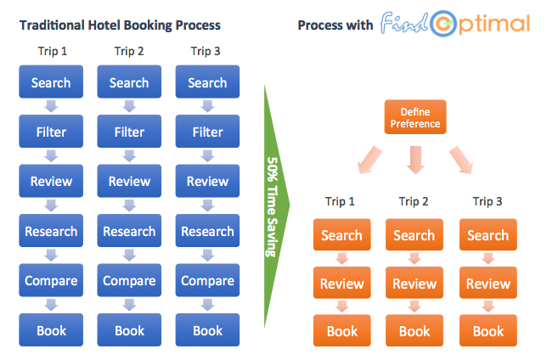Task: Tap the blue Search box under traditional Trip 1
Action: tap(51, 82)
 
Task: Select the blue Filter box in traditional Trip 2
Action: tap(129, 132)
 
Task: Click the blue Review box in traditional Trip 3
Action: tap(207, 181)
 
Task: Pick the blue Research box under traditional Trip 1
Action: tap(51, 231)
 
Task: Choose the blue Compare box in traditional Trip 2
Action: tap(129, 280)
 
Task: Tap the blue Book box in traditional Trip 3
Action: tap(207, 330)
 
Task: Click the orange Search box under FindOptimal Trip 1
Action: tap(341, 235)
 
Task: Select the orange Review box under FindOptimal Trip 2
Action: tap(414, 284)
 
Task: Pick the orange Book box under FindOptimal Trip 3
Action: tap(488, 330)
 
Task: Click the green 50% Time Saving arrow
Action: tap(273, 204)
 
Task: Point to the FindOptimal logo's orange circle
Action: tap(443, 24)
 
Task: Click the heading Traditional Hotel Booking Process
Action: tap(120, 25)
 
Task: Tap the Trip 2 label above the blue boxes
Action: tap(129, 51)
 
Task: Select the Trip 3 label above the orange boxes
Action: tap(488, 201)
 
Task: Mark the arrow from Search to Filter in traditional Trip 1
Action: tap(51, 107)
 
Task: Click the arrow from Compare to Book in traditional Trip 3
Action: tap(207, 306)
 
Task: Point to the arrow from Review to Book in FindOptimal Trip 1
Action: tap(341, 307)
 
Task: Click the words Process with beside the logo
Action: tap(335, 25)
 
